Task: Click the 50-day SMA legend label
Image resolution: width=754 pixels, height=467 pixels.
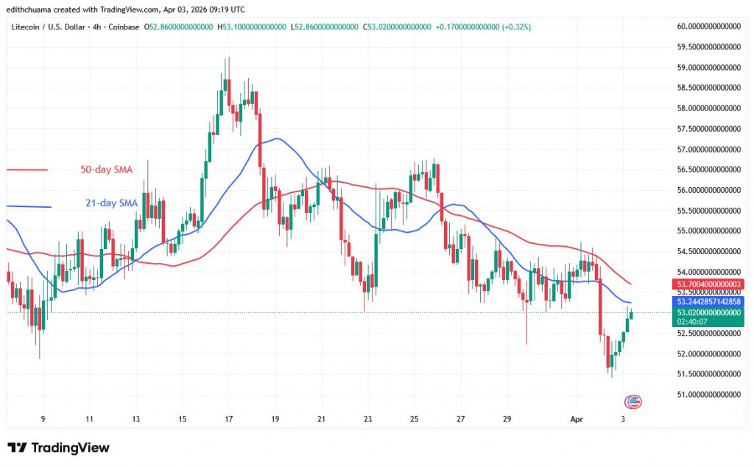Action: click(x=105, y=169)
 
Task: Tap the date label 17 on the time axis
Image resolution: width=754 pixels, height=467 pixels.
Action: click(x=228, y=418)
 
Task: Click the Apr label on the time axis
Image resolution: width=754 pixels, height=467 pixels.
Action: click(x=577, y=418)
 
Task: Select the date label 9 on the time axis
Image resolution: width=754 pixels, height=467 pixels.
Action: click(x=43, y=418)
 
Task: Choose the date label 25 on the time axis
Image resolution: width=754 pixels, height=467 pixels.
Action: click(x=414, y=418)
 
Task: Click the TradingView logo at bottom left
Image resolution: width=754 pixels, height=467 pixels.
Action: click(x=58, y=448)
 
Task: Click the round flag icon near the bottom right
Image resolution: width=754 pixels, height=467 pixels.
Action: click(x=633, y=401)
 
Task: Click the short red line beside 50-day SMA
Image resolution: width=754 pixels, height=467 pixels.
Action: click(x=27, y=170)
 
